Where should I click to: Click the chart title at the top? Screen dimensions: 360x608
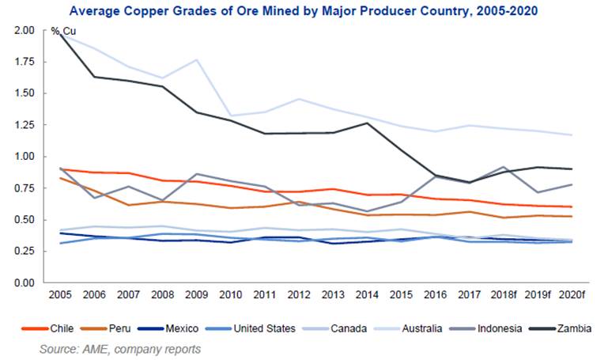pos(304,10)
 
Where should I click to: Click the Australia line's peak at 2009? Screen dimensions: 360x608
pos(195,60)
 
